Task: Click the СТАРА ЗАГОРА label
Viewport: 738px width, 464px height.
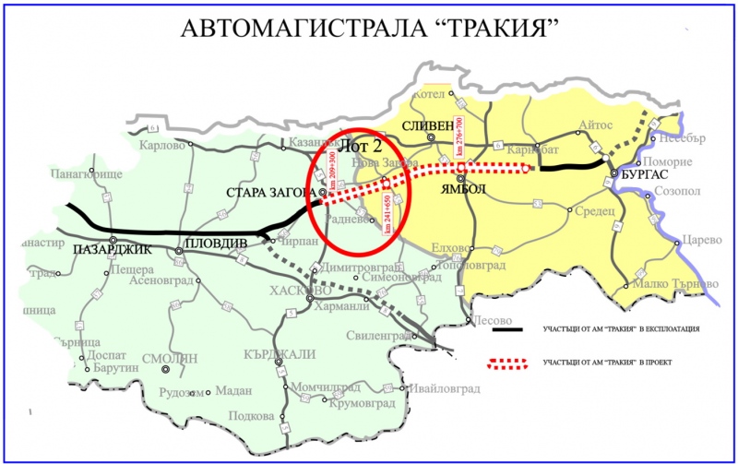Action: click(x=269, y=193)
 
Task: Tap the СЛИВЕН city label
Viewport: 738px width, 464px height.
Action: click(x=429, y=125)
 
